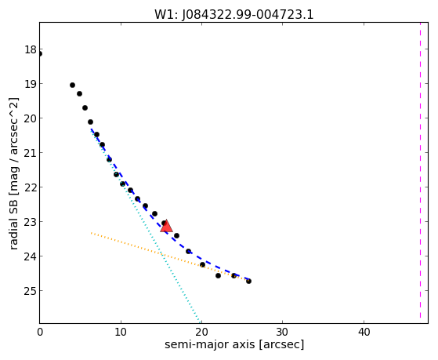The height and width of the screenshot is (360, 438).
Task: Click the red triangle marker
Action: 166,226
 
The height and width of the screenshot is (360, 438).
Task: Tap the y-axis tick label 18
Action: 31,49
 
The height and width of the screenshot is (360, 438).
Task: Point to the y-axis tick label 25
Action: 31,291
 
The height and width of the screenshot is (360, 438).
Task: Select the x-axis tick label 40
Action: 364,332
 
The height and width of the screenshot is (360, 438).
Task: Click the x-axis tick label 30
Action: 282,332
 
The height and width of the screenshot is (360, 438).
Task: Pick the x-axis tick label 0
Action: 40,332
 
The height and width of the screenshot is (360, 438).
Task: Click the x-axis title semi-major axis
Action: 210,344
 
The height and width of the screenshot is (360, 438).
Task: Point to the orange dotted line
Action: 170,256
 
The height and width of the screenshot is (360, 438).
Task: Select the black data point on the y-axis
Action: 40,53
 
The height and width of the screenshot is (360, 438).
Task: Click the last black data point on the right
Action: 248,281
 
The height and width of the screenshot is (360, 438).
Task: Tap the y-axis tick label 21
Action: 31,153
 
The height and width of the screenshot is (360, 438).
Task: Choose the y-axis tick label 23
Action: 31,222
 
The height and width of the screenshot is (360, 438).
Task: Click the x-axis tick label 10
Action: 121,332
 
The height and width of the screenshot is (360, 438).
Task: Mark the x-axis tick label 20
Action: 201,332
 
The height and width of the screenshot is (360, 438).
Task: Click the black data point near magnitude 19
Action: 72,85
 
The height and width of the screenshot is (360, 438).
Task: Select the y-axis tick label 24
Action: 31,256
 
